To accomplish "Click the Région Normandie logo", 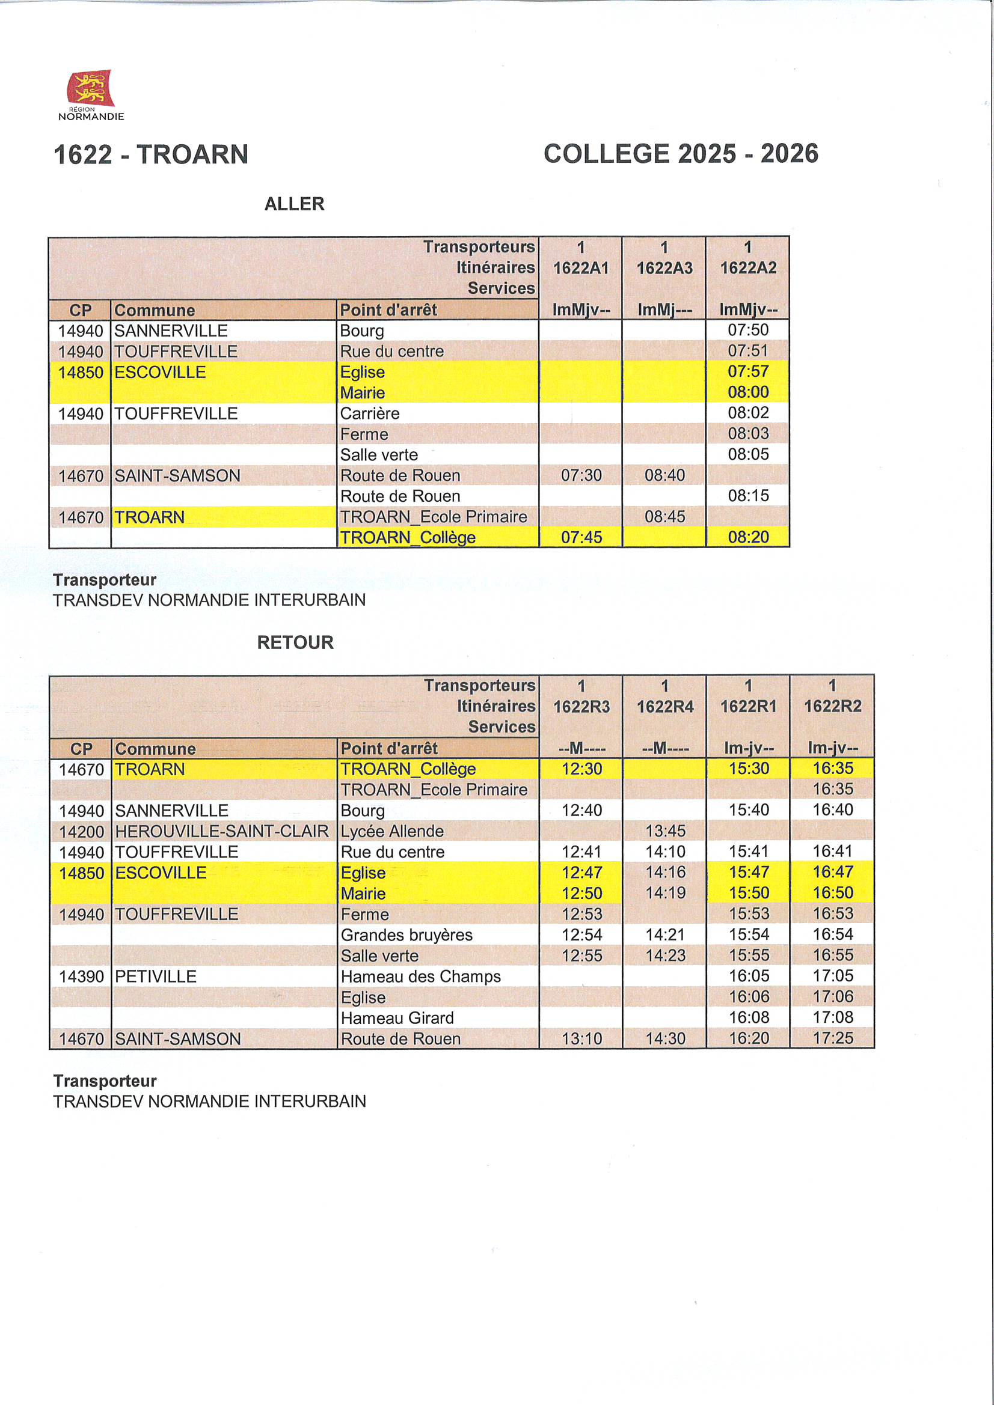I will tap(91, 94).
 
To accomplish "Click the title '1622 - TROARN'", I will tap(151, 154).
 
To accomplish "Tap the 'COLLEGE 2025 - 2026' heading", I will tap(681, 154).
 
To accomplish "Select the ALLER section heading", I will tap(294, 204).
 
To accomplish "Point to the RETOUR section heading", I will tap(295, 642).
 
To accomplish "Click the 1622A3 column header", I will tap(664, 268).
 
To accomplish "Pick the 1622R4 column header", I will tap(665, 707).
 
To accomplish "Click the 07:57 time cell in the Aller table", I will tap(748, 371).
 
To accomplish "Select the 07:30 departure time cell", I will tap(581, 475).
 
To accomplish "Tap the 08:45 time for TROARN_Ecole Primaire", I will tap(664, 517).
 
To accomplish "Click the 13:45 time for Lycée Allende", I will tap(665, 831).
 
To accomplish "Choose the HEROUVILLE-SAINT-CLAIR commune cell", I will tap(222, 831).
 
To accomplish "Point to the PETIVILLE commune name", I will tap(156, 977).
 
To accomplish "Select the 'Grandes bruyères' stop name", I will tap(406, 935).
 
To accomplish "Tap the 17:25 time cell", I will tap(832, 1038).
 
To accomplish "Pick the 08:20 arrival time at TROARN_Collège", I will tap(748, 537).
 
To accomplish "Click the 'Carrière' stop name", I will tap(370, 413).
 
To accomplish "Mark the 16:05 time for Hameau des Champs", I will tap(749, 976).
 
